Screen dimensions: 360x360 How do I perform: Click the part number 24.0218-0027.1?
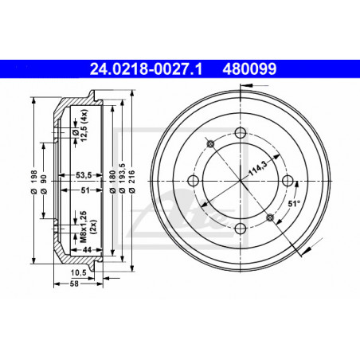(146, 69)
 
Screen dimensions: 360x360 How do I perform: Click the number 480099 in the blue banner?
(249, 69)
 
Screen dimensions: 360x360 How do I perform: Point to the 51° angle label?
(294, 204)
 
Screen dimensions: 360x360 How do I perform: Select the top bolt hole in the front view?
(241, 133)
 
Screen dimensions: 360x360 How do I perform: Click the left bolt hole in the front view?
(193, 181)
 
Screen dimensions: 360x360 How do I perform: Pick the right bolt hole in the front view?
(288, 181)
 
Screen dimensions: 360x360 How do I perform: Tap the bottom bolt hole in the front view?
(241, 229)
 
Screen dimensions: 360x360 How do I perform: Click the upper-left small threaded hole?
(210, 143)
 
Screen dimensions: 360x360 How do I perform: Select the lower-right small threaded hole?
(270, 217)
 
